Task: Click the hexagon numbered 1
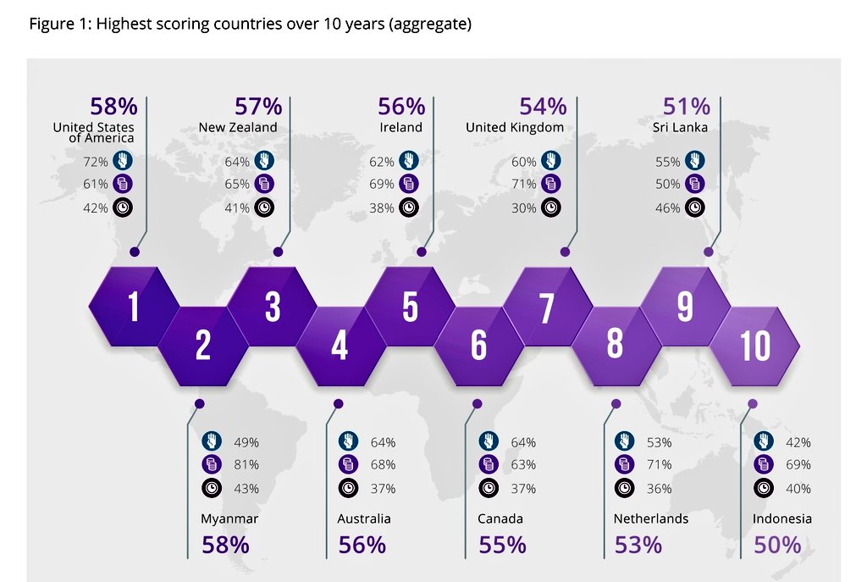[x=134, y=307]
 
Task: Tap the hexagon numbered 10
[x=754, y=346]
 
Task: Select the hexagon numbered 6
[x=479, y=346]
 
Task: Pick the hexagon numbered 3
[x=272, y=307]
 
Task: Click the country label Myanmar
[x=229, y=519]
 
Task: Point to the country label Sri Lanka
[x=680, y=127]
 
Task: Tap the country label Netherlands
[x=651, y=519]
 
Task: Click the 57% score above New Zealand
[x=258, y=106]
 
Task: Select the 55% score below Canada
[x=502, y=545]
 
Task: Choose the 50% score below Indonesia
[x=777, y=545]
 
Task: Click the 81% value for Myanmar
[x=246, y=465]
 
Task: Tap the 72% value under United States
[x=96, y=162]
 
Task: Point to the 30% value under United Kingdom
[x=523, y=208]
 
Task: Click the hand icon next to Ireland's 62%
[x=409, y=160]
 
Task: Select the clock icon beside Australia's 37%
[x=348, y=488]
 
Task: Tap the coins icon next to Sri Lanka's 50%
[x=695, y=183]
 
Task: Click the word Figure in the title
[x=49, y=25]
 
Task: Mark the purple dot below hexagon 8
[x=616, y=404]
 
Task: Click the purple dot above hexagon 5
[x=422, y=252]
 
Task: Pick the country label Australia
[x=364, y=519]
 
